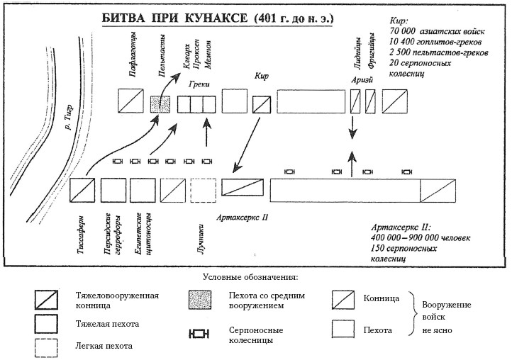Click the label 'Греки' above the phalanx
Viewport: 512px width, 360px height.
pyautogui.click(x=199, y=84)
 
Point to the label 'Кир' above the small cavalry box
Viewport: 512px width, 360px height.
pyautogui.click(x=260, y=76)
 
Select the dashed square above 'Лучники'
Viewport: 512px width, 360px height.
pyautogui.click(x=204, y=191)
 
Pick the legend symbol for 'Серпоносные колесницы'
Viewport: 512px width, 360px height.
pyautogui.click(x=201, y=332)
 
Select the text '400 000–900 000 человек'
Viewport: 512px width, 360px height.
pyautogui.click(x=420, y=238)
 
